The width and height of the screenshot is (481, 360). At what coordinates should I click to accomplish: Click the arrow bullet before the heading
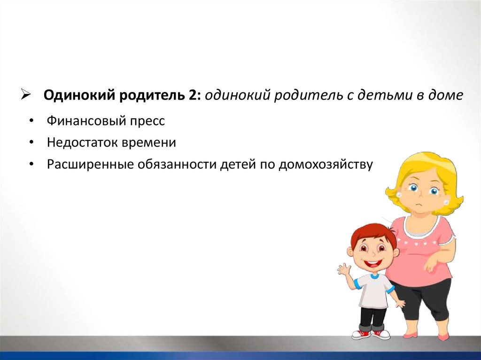26,95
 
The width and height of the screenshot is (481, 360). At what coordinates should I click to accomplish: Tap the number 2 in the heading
192,95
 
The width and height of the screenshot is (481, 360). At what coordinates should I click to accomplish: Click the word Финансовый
86,121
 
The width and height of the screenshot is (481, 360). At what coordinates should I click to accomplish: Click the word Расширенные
90,164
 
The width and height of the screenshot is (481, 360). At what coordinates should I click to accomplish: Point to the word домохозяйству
326,165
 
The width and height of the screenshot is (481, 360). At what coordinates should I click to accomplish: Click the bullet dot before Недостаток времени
31,143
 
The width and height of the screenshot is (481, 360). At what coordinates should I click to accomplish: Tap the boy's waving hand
344,269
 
